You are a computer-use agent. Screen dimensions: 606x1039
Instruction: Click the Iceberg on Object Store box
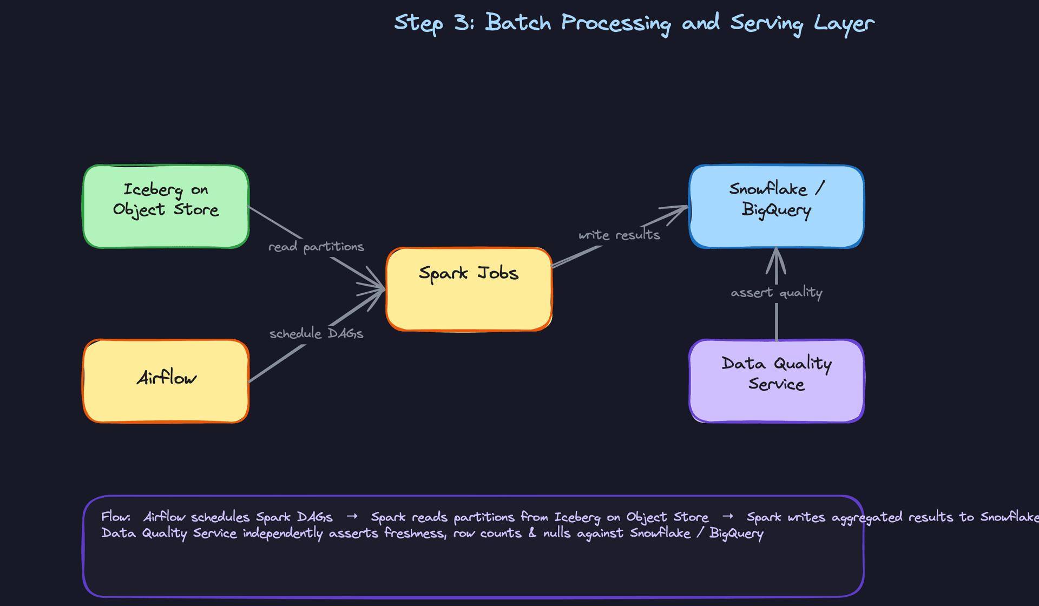tap(166, 207)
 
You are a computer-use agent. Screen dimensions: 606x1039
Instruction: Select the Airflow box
tap(166, 381)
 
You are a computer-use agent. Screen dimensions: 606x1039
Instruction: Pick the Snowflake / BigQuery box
tap(776, 207)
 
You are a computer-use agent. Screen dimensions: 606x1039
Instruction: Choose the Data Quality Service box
tap(776, 381)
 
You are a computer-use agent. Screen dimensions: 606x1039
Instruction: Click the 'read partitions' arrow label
tap(316, 247)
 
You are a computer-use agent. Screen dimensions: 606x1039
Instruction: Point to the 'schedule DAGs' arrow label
tap(316, 334)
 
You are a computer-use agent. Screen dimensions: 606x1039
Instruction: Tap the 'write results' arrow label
tap(619, 235)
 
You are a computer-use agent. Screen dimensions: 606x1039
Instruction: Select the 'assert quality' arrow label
tap(776, 293)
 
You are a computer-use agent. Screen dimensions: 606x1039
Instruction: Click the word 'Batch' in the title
tap(518, 23)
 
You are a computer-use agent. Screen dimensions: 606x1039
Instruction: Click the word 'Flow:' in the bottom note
tap(116, 517)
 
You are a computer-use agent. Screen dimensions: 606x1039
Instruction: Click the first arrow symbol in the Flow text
tap(352, 517)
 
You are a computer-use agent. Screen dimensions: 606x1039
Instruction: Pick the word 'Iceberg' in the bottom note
tap(577, 518)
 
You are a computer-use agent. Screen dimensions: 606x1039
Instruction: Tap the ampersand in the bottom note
tap(532, 533)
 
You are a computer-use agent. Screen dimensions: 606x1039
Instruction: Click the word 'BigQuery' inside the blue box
tap(776, 210)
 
